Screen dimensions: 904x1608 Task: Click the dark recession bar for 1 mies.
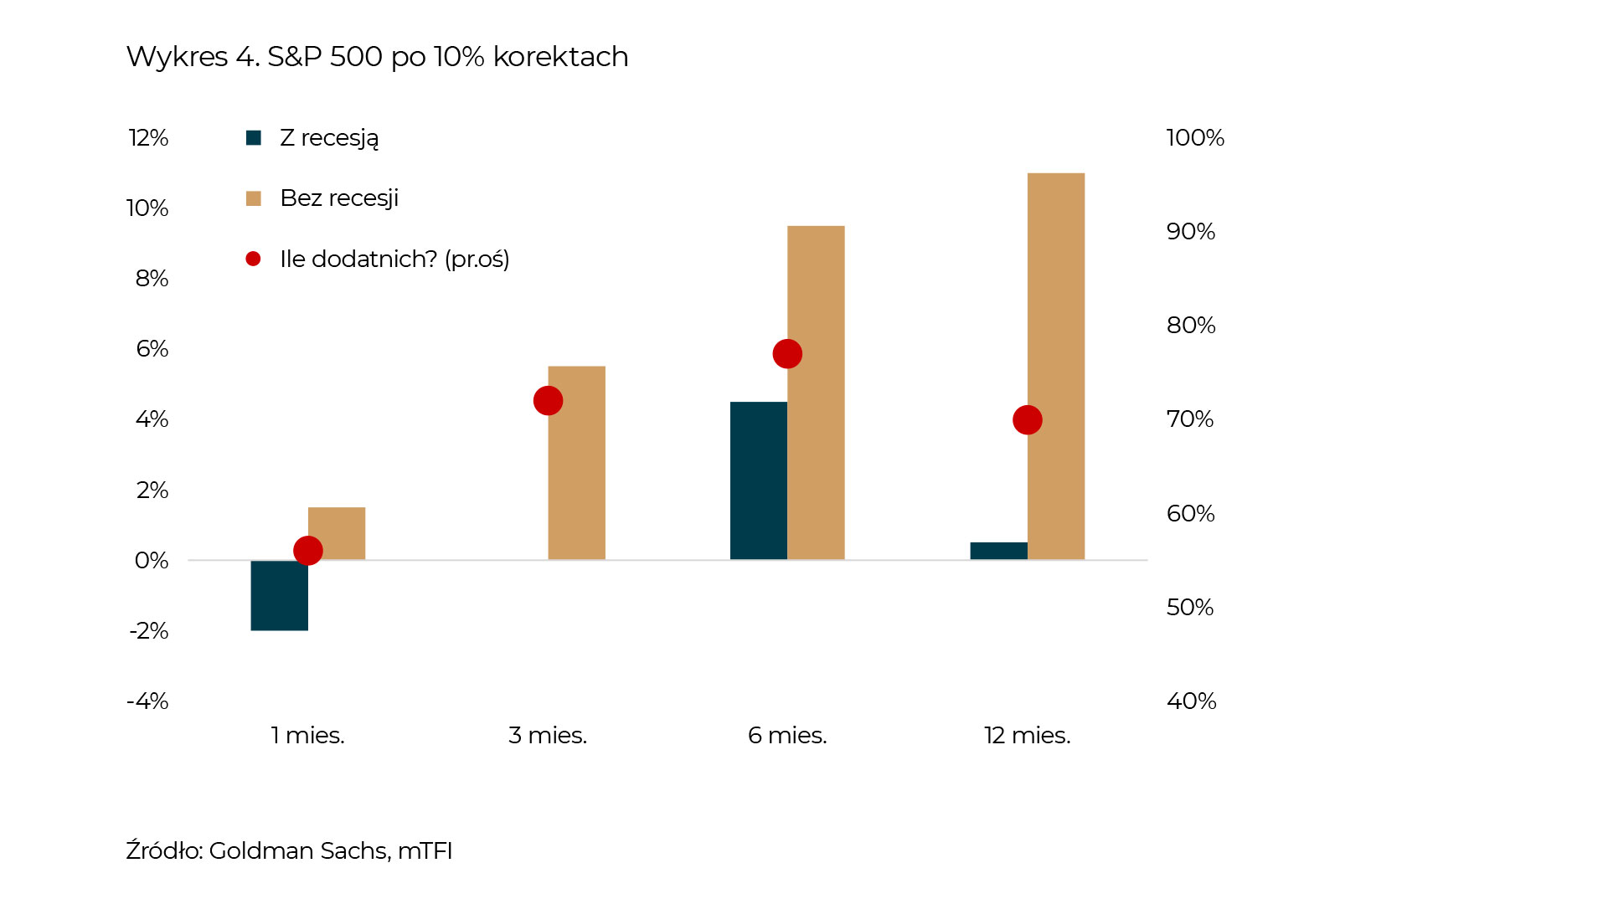tap(279, 595)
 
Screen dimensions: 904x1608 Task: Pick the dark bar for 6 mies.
tap(758, 480)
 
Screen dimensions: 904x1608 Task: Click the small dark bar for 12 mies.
tap(998, 551)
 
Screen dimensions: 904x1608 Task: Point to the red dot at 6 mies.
tap(787, 354)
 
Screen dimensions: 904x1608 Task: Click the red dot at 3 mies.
tap(548, 401)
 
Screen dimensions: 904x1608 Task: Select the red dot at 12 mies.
tap(1027, 420)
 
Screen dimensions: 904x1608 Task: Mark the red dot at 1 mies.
tap(308, 551)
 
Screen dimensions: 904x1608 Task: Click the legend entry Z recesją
tap(328, 138)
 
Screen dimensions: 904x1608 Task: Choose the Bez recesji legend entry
tap(338, 198)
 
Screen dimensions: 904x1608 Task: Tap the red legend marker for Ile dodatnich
tap(253, 259)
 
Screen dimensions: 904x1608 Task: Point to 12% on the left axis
tap(148, 138)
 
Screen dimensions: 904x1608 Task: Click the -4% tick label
tap(147, 701)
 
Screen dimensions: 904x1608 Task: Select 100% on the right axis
tap(1195, 138)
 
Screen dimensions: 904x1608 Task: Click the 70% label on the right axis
tap(1190, 419)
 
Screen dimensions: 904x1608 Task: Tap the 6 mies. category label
tap(787, 736)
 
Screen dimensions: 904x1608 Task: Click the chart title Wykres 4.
tap(377, 57)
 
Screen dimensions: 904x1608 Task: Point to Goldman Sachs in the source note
tap(298, 851)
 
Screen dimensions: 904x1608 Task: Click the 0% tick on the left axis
tap(152, 561)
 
